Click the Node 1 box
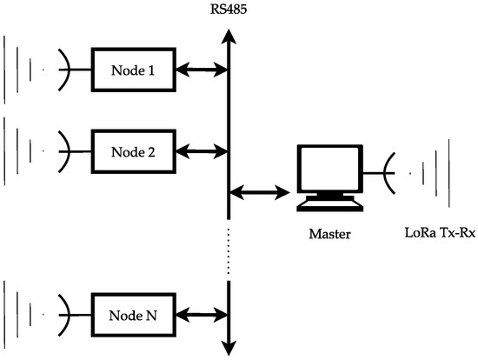click(132, 70)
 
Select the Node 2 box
click(132, 151)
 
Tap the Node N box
click(132, 313)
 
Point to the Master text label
click(327, 234)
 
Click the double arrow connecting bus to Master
click(258, 190)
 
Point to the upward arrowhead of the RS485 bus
click(229, 36)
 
